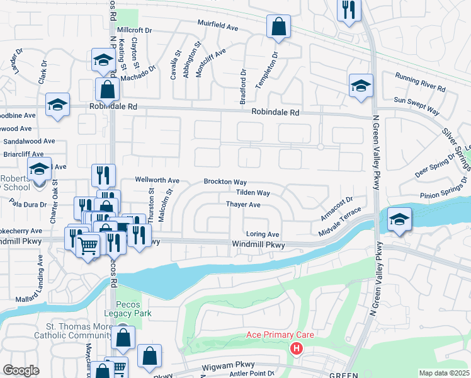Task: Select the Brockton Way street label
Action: point(225,181)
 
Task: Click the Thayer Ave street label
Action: point(243,205)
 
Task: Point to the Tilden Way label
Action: point(253,193)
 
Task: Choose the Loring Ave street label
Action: point(262,234)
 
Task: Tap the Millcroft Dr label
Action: point(135,30)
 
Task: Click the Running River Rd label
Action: point(420,83)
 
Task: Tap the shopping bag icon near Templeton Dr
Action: point(278,26)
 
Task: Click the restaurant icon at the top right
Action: point(348,10)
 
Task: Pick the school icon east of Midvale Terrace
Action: point(399,219)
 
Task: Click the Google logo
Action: point(21,370)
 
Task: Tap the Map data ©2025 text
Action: point(443,373)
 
